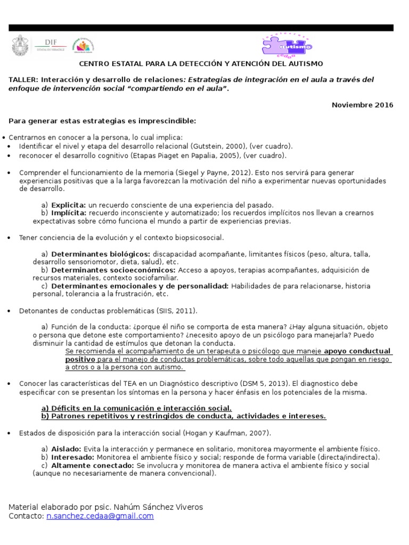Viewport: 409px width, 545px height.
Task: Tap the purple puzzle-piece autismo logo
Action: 287,45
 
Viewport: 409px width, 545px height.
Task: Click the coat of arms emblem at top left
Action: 21,45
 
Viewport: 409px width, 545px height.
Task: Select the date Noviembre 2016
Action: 362,105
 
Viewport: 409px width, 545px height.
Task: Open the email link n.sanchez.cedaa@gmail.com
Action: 100,516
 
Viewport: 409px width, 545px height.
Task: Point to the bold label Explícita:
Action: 69,205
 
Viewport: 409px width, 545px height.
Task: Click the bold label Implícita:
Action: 69,213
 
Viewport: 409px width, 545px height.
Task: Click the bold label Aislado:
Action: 66,449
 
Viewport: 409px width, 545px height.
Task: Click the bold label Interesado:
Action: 72,457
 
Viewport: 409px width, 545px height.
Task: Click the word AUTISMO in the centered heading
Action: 303,64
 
